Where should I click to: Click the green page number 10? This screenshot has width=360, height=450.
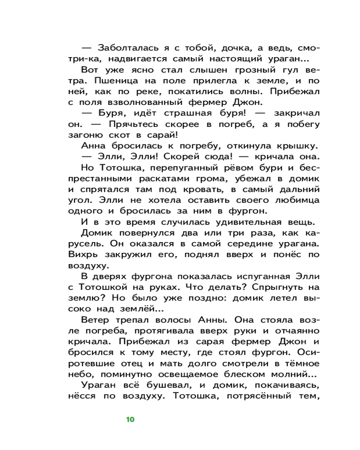(130, 420)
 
